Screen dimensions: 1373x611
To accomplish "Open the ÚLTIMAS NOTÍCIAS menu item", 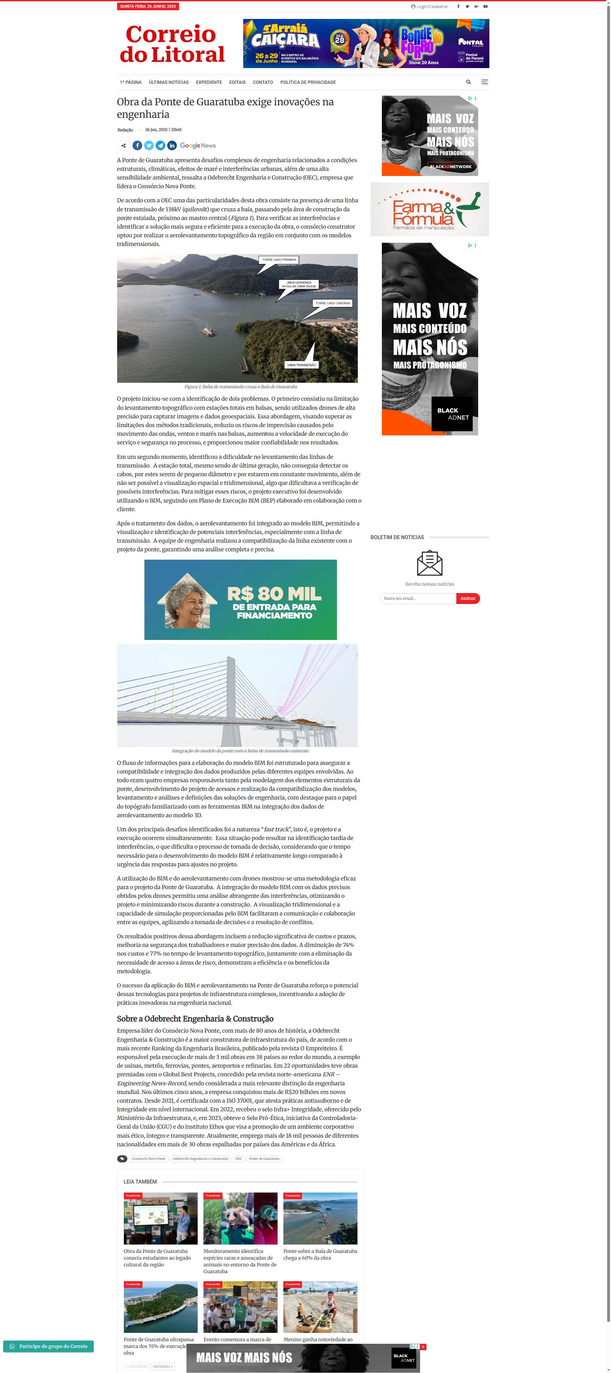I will click(x=168, y=83).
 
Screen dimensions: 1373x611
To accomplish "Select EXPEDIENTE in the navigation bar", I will click(x=209, y=83).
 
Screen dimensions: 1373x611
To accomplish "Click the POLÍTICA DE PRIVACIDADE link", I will click(x=308, y=83).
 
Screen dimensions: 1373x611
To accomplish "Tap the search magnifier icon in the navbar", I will click(x=468, y=82).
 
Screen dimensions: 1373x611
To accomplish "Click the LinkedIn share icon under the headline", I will click(x=172, y=145).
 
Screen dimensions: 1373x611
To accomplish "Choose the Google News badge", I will click(x=198, y=145).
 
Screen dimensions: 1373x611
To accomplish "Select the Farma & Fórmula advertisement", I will click(x=429, y=209).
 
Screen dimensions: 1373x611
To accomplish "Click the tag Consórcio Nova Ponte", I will click(x=149, y=1159).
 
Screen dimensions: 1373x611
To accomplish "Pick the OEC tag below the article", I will click(x=239, y=1159).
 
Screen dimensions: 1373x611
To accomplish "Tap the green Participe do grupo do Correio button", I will click(x=48, y=1346).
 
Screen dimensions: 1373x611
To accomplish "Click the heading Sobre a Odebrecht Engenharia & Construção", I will click(x=195, y=1019).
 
